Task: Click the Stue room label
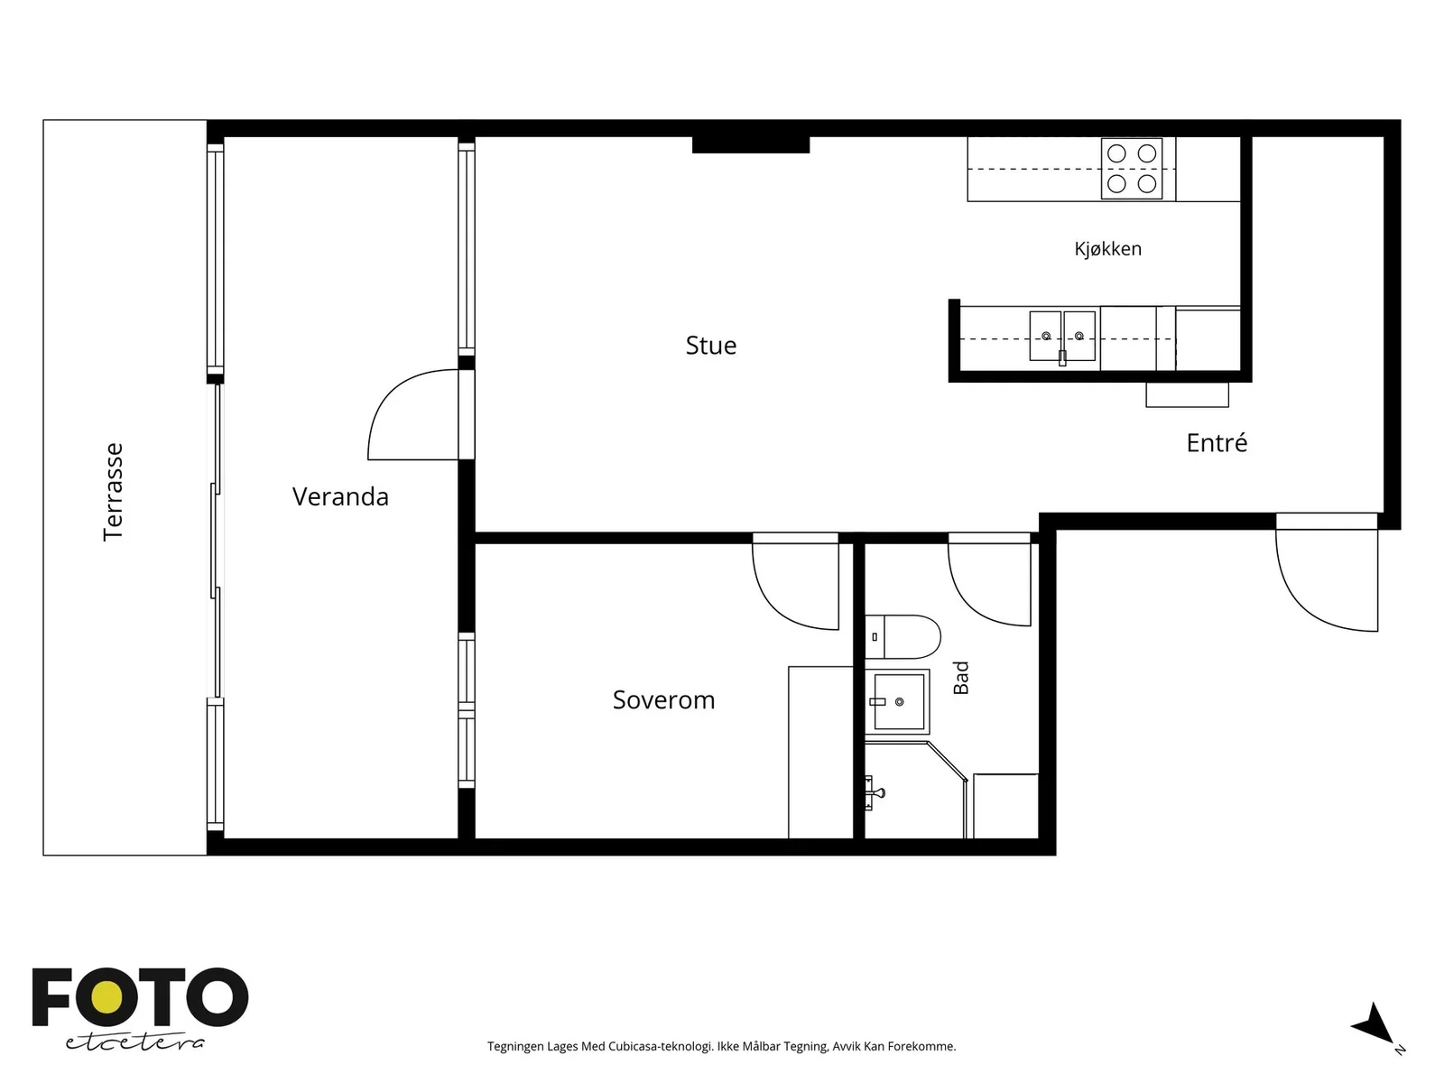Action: click(710, 346)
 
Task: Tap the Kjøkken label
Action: click(1108, 248)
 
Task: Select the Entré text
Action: click(1217, 442)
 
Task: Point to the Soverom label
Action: click(663, 699)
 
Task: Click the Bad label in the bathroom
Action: click(961, 678)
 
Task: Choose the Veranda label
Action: click(340, 496)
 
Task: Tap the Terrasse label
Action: click(113, 492)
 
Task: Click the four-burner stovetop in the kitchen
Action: click(1132, 169)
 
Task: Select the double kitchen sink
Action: click(1062, 336)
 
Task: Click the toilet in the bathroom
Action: click(902, 636)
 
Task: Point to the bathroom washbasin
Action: click(897, 701)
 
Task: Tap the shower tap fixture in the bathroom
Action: click(874, 793)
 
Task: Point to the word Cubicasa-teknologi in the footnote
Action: click(661, 1046)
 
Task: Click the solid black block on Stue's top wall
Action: click(751, 144)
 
